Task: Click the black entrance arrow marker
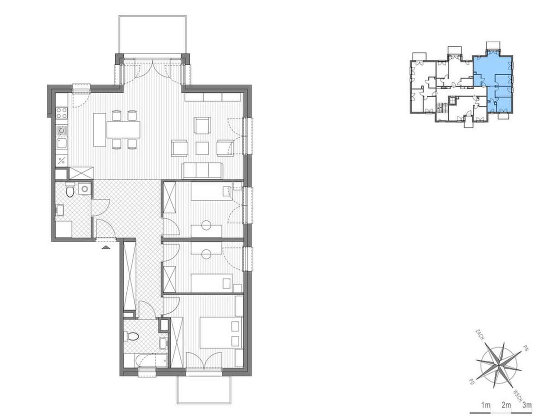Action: [x=106, y=247]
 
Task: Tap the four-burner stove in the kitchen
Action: [x=62, y=113]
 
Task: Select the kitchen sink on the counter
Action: [x=62, y=143]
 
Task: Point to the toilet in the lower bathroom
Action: [x=131, y=336]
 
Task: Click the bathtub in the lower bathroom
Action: [x=151, y=360]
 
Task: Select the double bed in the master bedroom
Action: [x=220, y=332]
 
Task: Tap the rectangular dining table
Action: [x=123, y=130]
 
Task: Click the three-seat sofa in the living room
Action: [x=202, y=171]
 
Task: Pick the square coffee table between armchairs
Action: [x=202, y=148]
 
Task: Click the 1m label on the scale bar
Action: [x=486, y=405]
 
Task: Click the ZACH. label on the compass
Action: [x=479, y=335]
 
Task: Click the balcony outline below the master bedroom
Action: [x=204, y=390]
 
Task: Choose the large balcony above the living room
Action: [x=152, y=35]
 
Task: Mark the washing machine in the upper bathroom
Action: [x=84, y=189]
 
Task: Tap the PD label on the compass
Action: [x=472, y=388]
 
